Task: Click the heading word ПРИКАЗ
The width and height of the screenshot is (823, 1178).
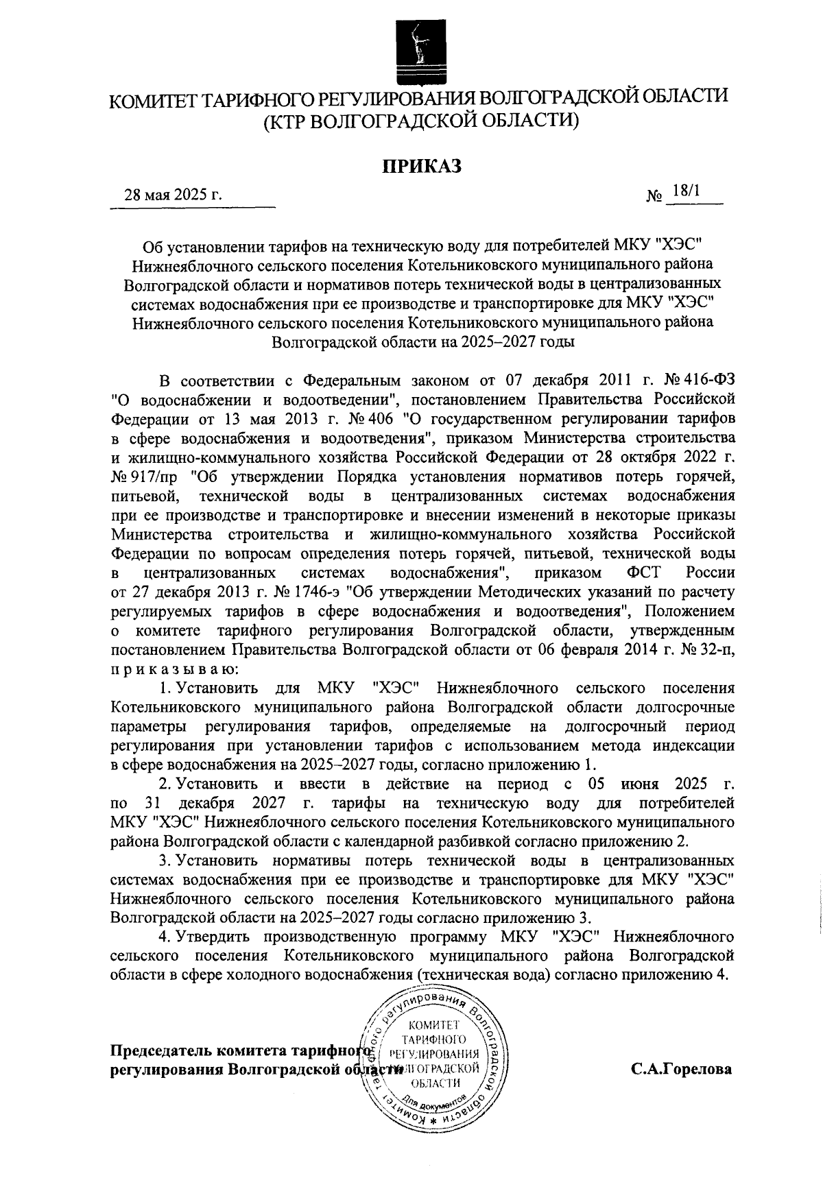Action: [419, 165]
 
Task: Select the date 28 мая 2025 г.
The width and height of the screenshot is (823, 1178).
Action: [172, 195]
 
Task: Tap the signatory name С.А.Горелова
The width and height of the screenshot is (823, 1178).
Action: [681, 1069]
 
